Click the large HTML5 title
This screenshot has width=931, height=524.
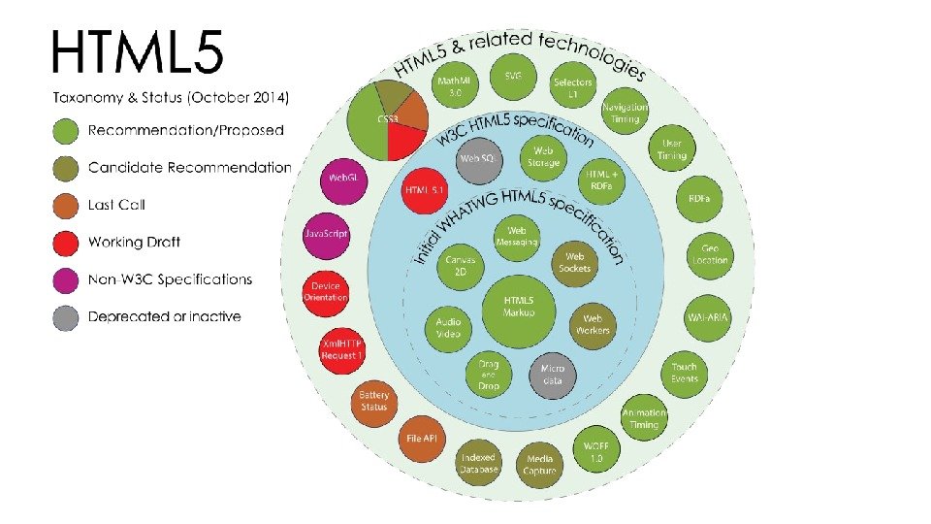(x=137, y=50)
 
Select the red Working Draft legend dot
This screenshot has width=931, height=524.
(x=67, y=243)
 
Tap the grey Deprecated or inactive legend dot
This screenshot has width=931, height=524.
(x=67, y=316)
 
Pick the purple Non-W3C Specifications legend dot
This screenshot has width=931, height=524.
(x=67, y=279)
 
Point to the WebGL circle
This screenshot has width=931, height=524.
(x=341, y=179)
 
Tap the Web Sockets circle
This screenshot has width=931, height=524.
(x=574, y=262)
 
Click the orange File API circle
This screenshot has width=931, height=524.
(x=422, y=439)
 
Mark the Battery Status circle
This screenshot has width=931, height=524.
(x=373, y=401)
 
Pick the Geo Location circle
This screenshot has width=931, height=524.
(x=710, y=254)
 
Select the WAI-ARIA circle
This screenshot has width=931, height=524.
(x=708, y=317)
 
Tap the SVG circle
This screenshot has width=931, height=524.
(x=512, y=77)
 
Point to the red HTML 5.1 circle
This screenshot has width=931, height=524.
(x=422, y=189)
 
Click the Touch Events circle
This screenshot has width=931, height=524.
(x=685, y=373)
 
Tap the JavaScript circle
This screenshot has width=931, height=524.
(x=327, y=235)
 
